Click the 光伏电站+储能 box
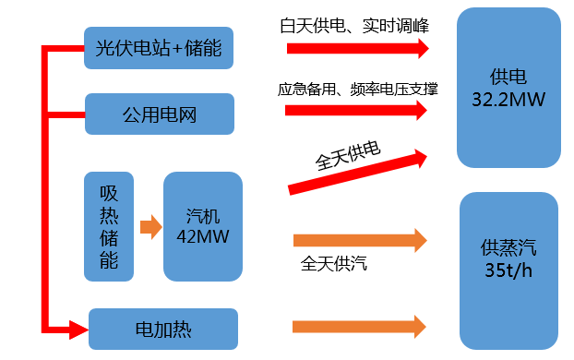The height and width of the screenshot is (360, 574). pos(159,48)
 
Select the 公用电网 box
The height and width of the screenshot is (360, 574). pos(160,114)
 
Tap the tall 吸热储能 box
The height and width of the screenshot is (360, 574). pos(109,227)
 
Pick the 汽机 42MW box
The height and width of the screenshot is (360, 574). pos(203,227)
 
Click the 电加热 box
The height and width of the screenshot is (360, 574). pos(163,330)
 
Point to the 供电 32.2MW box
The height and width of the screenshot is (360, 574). pos(508,88)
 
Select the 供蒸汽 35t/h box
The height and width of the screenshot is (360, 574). pos(508,271)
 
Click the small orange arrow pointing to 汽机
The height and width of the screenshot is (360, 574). pos(150,227)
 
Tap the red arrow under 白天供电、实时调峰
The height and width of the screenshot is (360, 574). pos(358,48)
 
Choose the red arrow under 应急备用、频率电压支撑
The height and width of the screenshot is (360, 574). pos(356,110)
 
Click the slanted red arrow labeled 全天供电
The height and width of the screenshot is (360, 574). pos(358,172)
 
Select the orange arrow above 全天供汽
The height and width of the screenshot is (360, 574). pos(360,240)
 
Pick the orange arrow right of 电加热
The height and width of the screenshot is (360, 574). pos(359,327)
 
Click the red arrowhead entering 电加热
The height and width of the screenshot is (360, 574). pos(78,330)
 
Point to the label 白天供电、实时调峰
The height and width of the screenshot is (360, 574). pos(354,26)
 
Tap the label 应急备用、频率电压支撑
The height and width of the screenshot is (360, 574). pos(358,89)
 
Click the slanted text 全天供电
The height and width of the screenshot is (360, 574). pos(348,156)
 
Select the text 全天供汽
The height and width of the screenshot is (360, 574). pos(333,264)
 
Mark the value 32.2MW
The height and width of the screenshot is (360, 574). pos(508,100)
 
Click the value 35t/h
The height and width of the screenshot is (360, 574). pos(508,270)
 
